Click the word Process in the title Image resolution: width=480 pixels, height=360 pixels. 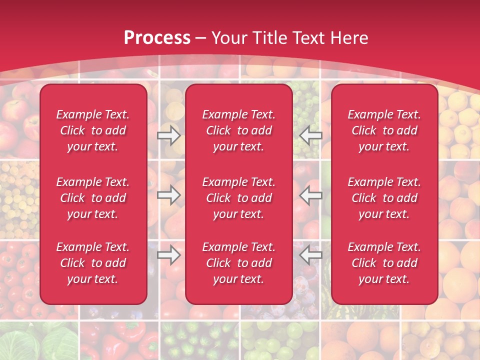point(157,38)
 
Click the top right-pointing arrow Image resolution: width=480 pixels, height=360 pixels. point(169,135)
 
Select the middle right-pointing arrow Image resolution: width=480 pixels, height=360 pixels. point(169,195)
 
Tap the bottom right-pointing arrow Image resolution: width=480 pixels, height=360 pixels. point(169,255)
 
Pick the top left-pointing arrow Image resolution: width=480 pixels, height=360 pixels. point(310,135)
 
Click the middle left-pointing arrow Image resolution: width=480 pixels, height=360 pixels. point(310,195)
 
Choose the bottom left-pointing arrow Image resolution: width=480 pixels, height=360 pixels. point(310,255)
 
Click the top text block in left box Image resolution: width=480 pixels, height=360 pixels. point(93,130)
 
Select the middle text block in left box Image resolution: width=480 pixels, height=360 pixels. point(93,198)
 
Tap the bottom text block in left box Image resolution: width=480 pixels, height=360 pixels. point(93,263)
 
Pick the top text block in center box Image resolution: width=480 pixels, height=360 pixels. point(238,130)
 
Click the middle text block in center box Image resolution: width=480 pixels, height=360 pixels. point(238,198)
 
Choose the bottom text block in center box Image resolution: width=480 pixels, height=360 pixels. point(238,263)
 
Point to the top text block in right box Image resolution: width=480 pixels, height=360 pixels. point(384,130)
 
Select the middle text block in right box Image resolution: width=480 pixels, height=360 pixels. point(384,198)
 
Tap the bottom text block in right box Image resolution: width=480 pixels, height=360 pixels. point(384,263)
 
